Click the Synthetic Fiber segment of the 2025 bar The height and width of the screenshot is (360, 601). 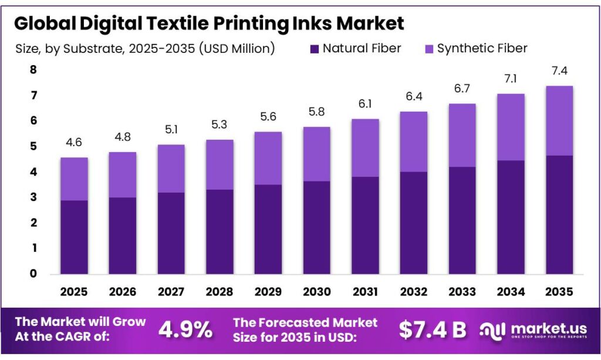[73, 179]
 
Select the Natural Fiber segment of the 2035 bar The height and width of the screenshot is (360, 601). [559, 214]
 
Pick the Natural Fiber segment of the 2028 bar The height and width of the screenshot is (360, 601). [219, 231]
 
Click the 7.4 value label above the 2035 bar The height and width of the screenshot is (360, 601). [559, 72]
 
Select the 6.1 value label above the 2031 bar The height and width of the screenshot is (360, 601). [364, 105]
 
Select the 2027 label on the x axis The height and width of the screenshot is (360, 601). [170, 291]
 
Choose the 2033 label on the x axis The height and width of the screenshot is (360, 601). [462, 291]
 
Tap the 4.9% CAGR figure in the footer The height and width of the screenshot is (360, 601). [185, 329]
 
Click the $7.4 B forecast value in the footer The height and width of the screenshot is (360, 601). [432, 329]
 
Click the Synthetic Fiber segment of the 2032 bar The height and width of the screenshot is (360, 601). [413, 142]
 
